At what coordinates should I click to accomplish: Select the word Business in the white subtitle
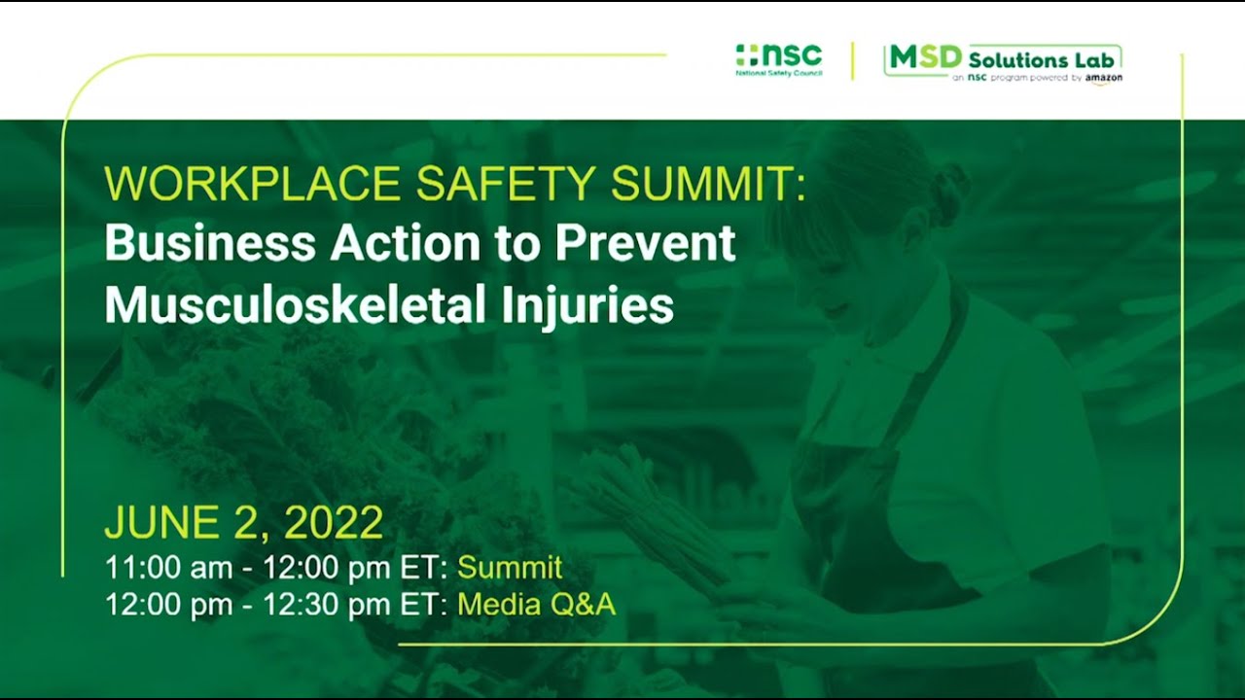(x=209, y=243)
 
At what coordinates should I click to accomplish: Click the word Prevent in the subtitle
(x=645, y=243)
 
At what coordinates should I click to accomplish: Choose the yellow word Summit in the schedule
(x=510, y=568)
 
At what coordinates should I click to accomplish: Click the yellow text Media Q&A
(x=536, y=605)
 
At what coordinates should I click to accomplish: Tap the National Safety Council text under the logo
(x=778, y=73)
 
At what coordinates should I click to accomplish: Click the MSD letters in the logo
(x=912, y=58)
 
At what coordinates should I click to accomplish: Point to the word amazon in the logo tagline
(x=1104, y=78)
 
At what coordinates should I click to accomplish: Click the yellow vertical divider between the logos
(x=853, y=60)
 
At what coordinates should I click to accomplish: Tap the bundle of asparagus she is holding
(x=661, y=515)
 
